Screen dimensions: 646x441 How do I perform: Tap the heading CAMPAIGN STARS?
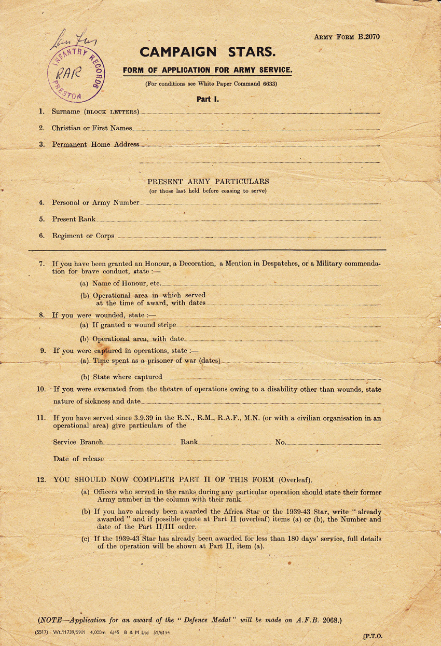pos(208,52)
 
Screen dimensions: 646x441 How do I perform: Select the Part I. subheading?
pos(208,99)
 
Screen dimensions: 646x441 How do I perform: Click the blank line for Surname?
pos(259,113)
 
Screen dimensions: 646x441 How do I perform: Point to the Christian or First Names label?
pos(92,128)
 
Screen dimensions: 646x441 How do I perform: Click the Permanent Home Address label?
pos(95,144)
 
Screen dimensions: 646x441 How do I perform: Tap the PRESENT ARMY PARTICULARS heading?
pos(208,182)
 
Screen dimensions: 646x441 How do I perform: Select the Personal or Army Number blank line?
pos(259,203)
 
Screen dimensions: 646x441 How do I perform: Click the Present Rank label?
pos(74,219)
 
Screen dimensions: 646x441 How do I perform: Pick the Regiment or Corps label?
pos(83,236)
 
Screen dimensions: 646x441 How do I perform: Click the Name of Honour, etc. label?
pos(127,283)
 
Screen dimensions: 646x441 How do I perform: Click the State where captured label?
pos(127,377)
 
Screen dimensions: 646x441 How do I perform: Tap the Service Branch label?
pos(78,442)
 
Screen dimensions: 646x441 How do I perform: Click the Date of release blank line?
pos(174,460)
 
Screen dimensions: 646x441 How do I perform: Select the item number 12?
pos(42,479)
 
